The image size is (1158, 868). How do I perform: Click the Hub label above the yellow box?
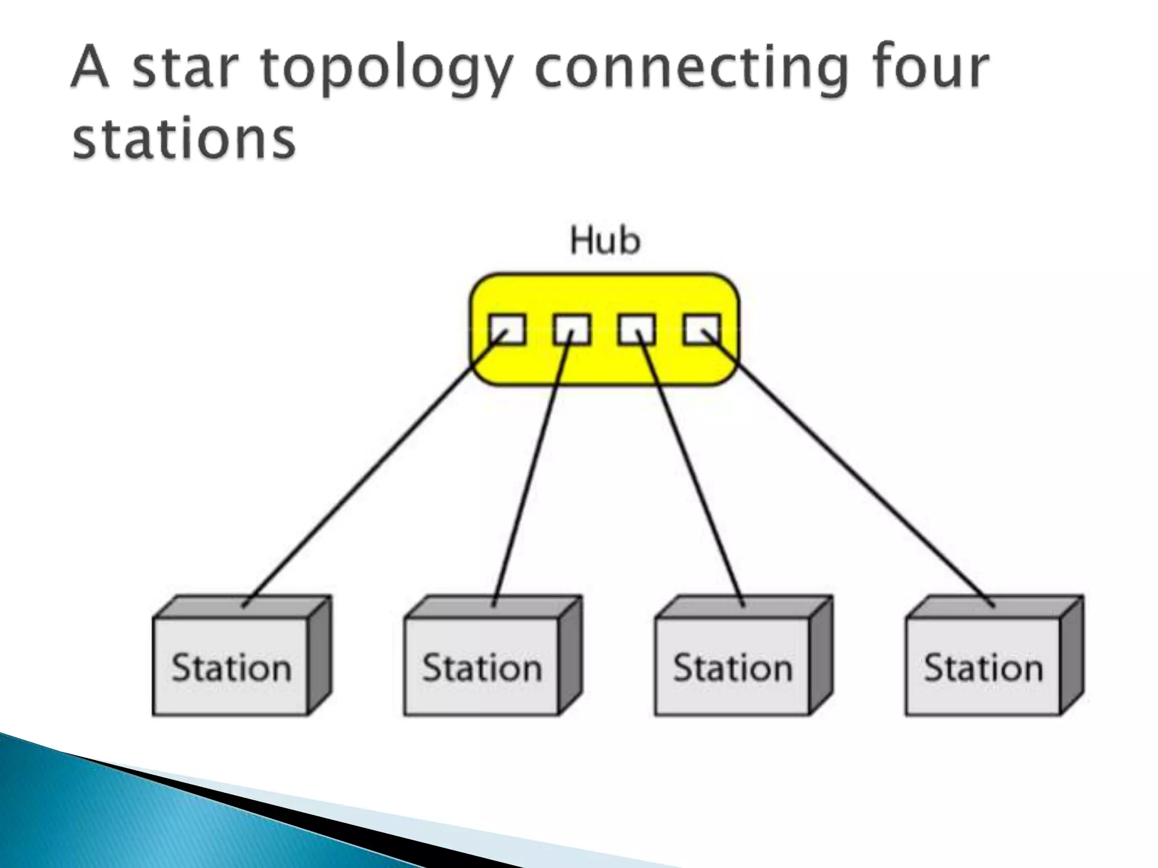605,241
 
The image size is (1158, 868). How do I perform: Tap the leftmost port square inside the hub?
507,329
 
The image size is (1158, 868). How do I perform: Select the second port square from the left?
572,329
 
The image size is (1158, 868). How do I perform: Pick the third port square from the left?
637,329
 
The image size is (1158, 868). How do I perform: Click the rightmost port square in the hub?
702,329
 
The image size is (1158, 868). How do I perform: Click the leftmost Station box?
231,667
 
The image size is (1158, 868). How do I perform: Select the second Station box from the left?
482,667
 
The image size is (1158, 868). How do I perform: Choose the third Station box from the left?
733,667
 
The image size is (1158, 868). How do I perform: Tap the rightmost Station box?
983,667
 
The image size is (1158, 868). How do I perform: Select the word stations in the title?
184,138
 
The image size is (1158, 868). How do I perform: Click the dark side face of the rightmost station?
1072,656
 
